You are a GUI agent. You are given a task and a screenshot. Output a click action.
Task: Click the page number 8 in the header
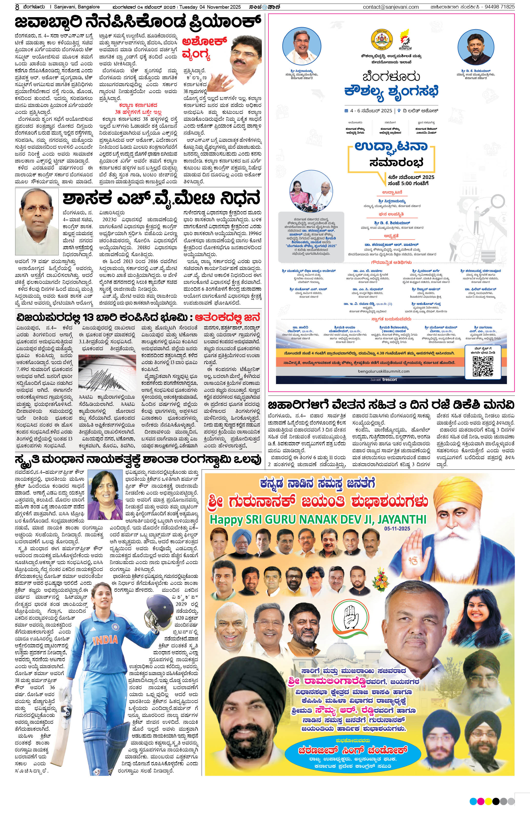coord(17,7)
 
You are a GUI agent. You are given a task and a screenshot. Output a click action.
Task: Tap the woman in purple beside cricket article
coord(105,495)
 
